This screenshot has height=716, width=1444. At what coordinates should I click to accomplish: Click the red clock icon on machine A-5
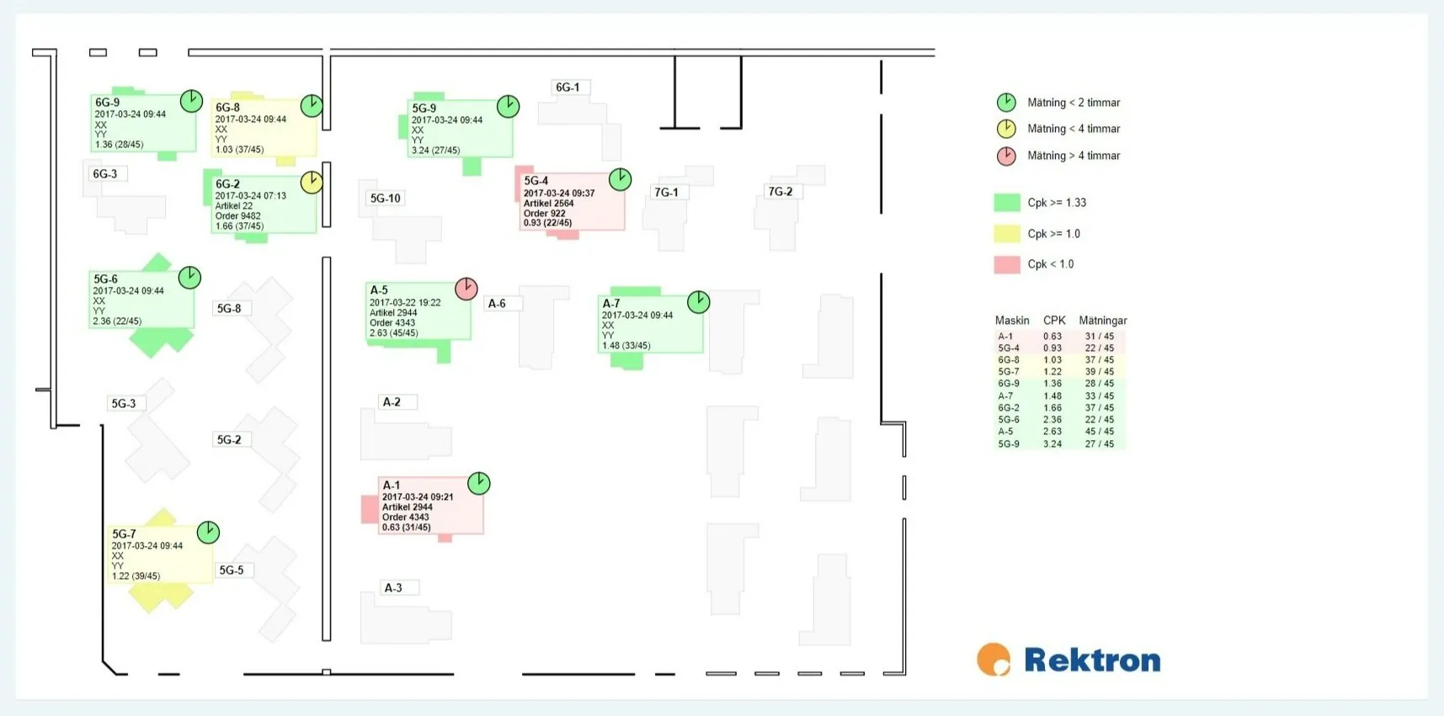click(x=466, y=289)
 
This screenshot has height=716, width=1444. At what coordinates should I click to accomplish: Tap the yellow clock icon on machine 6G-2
click(x=312, y=183)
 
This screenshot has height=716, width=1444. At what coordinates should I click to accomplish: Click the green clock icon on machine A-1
click(x=478, y=483)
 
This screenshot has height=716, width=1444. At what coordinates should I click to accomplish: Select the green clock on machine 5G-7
click(x=208, y=532)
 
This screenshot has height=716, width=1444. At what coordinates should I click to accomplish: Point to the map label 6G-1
click(x=567, y=88)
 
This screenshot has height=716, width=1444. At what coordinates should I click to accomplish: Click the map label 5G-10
click(x=386, y=199)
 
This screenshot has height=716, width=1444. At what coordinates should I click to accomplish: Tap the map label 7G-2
click(x=781, y=192)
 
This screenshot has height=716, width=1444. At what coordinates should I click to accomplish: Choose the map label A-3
click(x=393, y=588)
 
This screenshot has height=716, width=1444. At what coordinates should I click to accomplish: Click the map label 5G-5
click(x=232, y=570)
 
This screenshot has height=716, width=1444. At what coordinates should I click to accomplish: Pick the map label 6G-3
click(x=105, y=174)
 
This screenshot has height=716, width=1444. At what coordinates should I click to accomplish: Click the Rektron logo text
click(x=1092, y=660)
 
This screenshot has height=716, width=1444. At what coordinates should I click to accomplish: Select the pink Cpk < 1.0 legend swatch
click(x=1007, y=264)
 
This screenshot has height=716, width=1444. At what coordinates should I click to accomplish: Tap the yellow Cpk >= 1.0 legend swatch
click(x=1007, y=234)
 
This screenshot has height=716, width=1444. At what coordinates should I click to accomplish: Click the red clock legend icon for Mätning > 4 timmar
click(x=1006, y=156)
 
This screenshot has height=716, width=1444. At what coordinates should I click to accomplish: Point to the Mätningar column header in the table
click(x=1103, y=321)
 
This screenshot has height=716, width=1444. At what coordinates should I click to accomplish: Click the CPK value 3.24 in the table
click(x=1052, y=444)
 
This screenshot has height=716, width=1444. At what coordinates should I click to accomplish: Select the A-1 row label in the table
click(x=1005, y=337)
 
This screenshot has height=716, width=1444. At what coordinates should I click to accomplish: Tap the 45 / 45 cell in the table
click(x=1100, y=432)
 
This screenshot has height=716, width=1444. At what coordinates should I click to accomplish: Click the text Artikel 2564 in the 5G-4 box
click(x=549, y=204)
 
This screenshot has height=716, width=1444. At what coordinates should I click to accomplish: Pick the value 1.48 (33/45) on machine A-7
click(x=626, y=346)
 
